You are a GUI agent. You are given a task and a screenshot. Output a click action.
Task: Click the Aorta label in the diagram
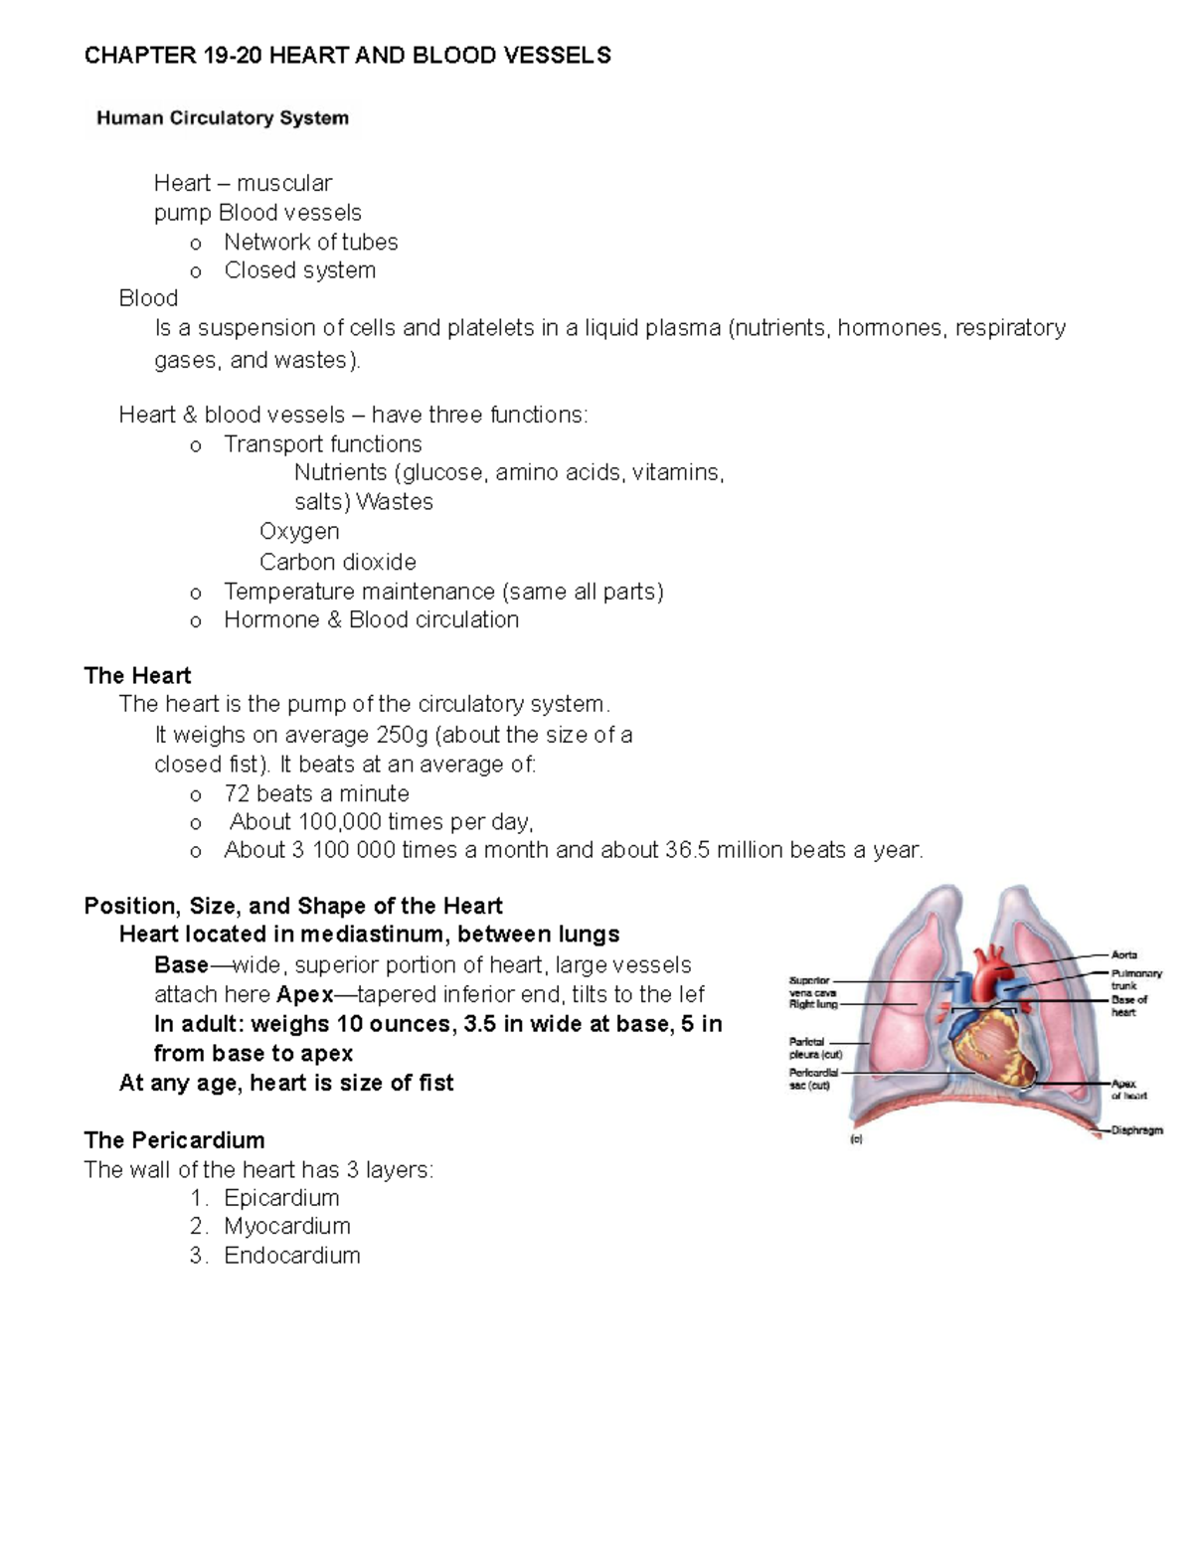click(1123, 954)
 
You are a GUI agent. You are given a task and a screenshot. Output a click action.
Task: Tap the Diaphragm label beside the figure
click(1136, 1130)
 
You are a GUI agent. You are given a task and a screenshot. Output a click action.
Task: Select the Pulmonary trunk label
click(1135, 980)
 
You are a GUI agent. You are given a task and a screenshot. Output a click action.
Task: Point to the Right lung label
click(813, 1004)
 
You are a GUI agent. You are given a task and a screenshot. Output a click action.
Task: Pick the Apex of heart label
click(1128, 1090)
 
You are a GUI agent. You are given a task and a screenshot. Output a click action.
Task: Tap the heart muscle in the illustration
click(994, 1049)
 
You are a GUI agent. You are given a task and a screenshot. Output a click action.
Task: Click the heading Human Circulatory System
click(222, 118)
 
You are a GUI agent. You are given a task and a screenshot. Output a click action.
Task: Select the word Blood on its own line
click(148, 298)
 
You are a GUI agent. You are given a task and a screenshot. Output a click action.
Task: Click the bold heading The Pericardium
click(174, 1139)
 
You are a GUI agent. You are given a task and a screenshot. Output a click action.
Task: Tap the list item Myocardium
click(286, 1226)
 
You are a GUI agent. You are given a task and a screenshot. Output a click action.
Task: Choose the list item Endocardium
click(291, 1255)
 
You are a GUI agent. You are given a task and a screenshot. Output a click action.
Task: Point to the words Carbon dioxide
click(337, 562)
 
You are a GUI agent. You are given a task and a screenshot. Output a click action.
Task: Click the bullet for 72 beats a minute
click(195, 794)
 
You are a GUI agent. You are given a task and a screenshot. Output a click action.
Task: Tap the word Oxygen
click(299, 531)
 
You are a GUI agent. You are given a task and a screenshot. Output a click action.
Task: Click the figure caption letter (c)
click(856, 1140)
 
